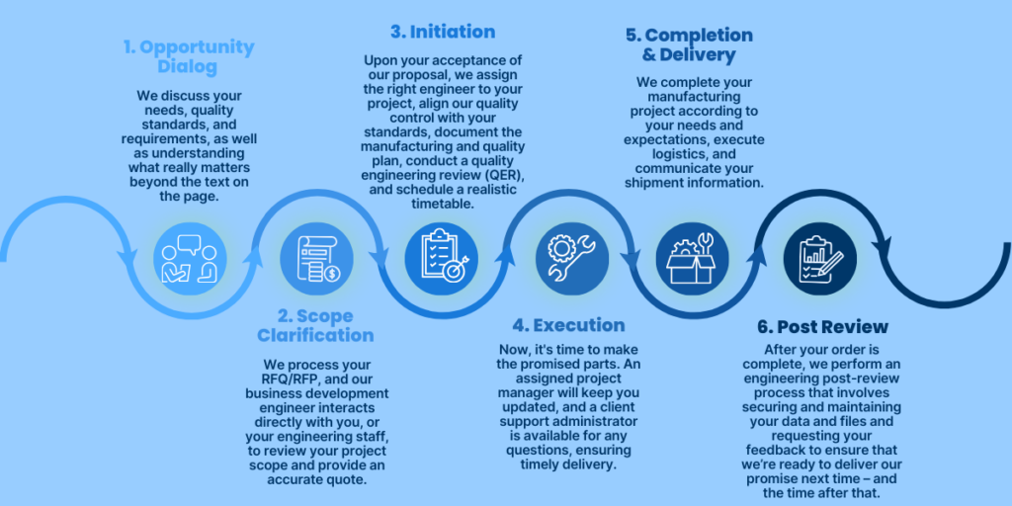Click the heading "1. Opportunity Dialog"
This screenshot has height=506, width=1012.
tap(191, 56)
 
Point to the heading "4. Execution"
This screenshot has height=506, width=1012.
tap(568, 325)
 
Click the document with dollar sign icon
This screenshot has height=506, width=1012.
tap(316, 257)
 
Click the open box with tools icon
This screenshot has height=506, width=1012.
tap(693, 257)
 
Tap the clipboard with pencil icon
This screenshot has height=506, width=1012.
tap(819, 257)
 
